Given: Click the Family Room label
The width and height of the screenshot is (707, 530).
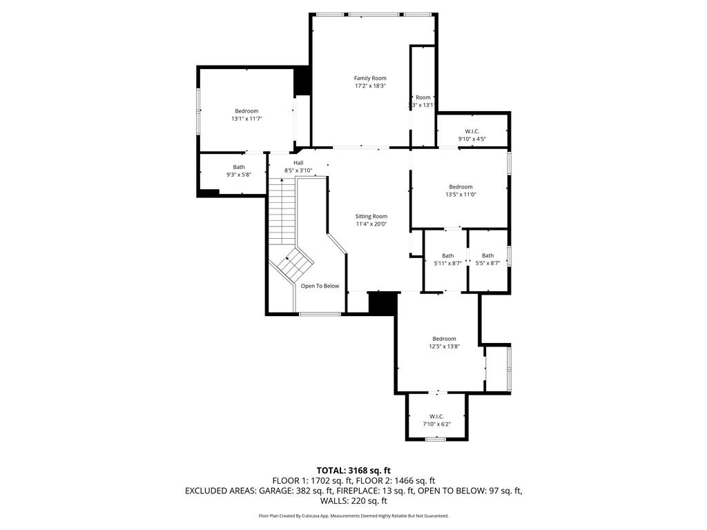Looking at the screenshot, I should coord(370,78).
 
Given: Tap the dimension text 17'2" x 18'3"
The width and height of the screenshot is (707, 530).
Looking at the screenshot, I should coord(370,86).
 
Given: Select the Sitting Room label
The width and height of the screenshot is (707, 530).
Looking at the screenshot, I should coord(371,216).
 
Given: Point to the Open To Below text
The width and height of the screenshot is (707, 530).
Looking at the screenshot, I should coord(320,286).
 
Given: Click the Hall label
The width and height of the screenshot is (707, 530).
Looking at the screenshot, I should coord(298,163).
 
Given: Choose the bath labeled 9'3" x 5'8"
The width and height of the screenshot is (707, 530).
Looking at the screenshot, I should coord(238,170).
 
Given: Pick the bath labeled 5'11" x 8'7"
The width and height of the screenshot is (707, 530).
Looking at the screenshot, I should coord(447,259).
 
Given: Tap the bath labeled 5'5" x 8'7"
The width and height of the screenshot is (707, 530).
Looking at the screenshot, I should coord(487,259).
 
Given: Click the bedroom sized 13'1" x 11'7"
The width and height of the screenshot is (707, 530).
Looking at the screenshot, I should coord(246,115).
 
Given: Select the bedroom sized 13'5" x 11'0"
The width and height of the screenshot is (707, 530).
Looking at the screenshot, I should coord(461,190).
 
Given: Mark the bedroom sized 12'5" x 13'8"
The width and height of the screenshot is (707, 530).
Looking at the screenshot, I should coord(444,342).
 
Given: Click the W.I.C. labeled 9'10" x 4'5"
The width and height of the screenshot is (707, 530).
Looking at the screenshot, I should coord(472,135).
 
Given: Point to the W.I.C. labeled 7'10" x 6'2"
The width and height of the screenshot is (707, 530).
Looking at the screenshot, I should coord(436,420).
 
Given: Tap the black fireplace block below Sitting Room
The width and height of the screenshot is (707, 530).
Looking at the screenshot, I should coord(382,303).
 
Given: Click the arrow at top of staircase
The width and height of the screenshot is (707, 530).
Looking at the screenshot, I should coord(282,181).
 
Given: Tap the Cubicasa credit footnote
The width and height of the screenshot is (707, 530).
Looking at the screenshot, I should coord(353,516).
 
